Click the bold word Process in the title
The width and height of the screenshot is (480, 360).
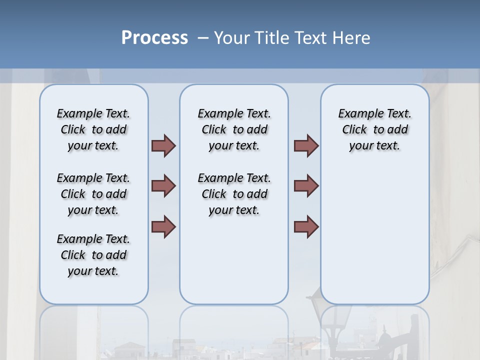[x=154, y=38]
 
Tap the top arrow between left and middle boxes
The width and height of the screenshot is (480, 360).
[x=163, y=145]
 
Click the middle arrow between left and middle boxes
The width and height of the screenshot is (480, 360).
[x=163, y=186]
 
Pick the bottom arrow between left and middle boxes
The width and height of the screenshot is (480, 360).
[x=163, y=226]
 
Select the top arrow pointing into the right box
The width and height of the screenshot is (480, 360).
[x=306, y=145]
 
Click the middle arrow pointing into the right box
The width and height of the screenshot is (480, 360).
[x=306, y=186]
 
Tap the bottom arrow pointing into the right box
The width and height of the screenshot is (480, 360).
[x=306, y=226]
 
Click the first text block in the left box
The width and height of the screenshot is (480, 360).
[x=93, y=129]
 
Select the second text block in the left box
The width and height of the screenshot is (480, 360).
[x=93, y=194]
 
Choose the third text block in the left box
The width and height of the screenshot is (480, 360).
[x=93, y=255]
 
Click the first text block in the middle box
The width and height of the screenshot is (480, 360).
[x=234, y=129]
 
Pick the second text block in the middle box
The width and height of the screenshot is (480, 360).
[x=234, y=194]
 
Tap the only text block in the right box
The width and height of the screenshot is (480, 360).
[x=375, y=129]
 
